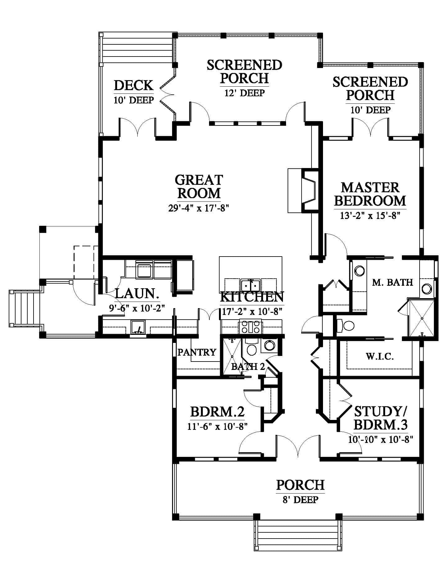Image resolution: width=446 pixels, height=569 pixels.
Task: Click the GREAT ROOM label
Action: (199, 186)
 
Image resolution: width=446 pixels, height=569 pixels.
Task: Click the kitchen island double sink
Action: (251, 284)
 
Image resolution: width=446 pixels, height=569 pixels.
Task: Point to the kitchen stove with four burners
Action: (250, 328)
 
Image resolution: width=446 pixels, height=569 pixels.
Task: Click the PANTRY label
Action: (197, 352)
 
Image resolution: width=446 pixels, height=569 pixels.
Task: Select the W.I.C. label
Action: (380, 356)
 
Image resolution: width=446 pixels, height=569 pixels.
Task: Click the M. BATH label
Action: (393, 282)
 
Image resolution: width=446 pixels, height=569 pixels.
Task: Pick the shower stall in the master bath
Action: (421, 318)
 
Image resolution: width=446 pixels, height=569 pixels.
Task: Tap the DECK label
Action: (134, 85)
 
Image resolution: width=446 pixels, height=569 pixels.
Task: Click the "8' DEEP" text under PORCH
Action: (300, 500)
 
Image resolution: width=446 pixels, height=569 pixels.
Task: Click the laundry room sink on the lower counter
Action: (138, 328)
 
